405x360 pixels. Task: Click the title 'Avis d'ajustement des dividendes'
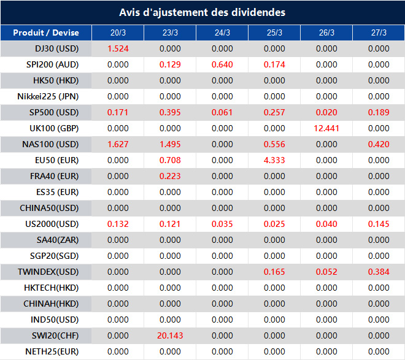[x=202, y=12]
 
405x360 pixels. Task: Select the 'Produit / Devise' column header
[x=46, y=33]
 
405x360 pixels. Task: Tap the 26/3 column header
[x=326, y=33]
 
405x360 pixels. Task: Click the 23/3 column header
[x=170, y=33]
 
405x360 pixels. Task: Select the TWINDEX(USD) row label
[x=49, y=272]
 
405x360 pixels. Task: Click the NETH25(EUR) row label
[x=52, y=351]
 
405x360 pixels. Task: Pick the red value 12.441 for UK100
[x=326, y=128]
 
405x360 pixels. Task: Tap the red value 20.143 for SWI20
[x=170, y=335]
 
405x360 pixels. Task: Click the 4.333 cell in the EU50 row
[x=274, y=160]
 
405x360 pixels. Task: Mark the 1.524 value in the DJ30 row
[x=118, y=48]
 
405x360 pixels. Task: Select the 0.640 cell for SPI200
[x=222, y=64]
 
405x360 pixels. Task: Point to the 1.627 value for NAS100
[x=118, y=144]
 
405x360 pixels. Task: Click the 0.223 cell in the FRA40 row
[x=170, y=176]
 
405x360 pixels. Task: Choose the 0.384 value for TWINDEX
[x=379, y=272]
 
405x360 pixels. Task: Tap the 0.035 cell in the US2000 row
[x=222, y=224]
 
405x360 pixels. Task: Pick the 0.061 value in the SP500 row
[x=222, y=112]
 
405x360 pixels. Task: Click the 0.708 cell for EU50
[x=170, y=160]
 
